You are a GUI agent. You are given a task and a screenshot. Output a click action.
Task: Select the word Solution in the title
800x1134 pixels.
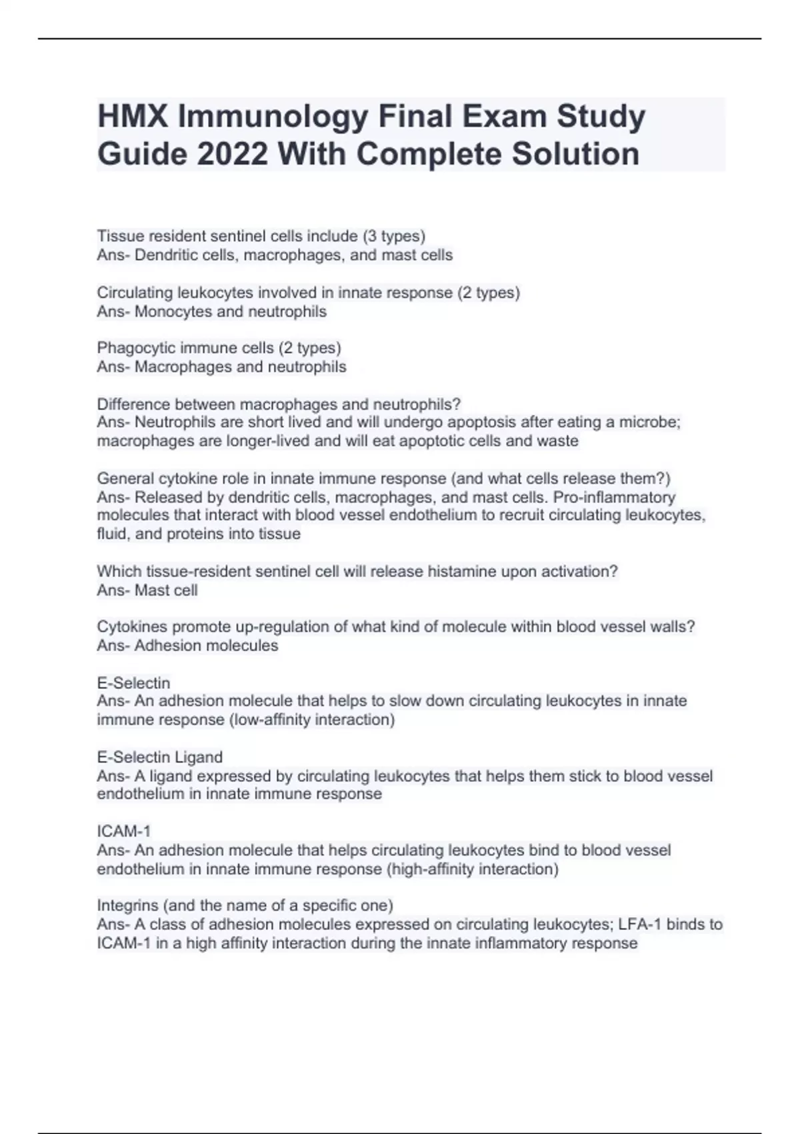tap(575, 154)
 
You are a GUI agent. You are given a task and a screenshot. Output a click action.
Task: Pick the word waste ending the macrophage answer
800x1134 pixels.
tap(559, 441)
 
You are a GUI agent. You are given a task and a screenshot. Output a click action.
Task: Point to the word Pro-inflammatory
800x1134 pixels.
tap(614, 497)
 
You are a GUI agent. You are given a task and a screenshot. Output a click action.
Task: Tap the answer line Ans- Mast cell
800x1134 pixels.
tap(147, 590)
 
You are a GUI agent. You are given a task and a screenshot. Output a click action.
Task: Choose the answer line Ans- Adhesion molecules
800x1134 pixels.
tap(187, 646)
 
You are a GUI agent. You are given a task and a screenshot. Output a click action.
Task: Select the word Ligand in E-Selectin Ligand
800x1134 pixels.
tap(199, 757)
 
